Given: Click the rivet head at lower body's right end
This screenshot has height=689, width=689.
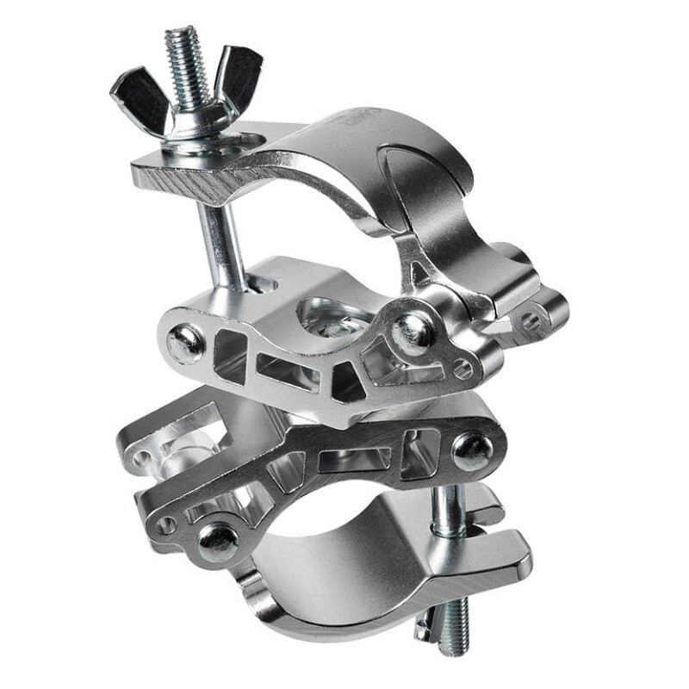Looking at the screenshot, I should coord(473,450).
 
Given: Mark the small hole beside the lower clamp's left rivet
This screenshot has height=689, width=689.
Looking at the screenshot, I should coord(167,524).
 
